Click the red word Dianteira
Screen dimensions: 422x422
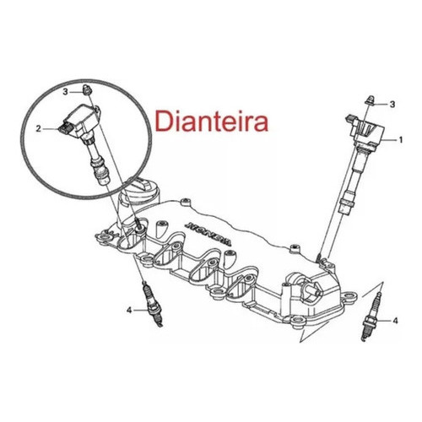coord(211,122)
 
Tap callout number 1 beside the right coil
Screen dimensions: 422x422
coord(401,139)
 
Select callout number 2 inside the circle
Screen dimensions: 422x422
coord(39,129)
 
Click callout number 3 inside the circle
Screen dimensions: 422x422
coord(66,92)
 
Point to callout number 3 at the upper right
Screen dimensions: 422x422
coord(392,105)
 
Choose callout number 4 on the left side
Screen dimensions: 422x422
coord(129,311)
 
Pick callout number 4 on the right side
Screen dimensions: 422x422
coord(395,321)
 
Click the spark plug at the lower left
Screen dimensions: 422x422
coord(153,305)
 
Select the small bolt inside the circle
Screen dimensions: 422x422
coord(88,89)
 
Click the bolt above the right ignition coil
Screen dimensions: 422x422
coord(371,100)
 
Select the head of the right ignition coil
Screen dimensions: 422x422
coord(365,129)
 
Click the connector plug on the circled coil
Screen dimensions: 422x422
coord(65,129)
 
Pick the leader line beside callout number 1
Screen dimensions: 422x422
coord(391,139)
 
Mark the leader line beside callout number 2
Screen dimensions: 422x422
coord(51,129)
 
